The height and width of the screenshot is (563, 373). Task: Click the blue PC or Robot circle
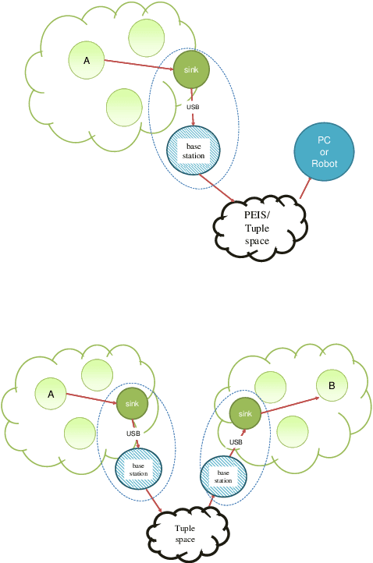click(x=324, y=152)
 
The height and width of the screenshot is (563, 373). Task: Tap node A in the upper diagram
click(x=87, y=60)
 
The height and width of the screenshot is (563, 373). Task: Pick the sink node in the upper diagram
click(x=191, y=70)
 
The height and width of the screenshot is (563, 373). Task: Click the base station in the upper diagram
click(x=194, y=150)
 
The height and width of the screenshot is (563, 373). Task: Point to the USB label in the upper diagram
click(x=193, y=106)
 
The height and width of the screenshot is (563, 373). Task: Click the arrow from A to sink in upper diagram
click(x=138, y=66)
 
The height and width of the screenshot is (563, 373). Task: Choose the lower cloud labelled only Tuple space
click(x=185, y=534)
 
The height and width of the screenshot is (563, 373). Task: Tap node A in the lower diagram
click(x=51, y=394)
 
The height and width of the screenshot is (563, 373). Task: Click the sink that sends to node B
click(x=244, y=413)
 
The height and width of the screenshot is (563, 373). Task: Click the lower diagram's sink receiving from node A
click(x=133, y=403)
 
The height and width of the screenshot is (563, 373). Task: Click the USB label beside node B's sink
click(x=236, y=442)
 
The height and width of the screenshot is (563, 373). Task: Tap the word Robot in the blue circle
click(x=325, y=164)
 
